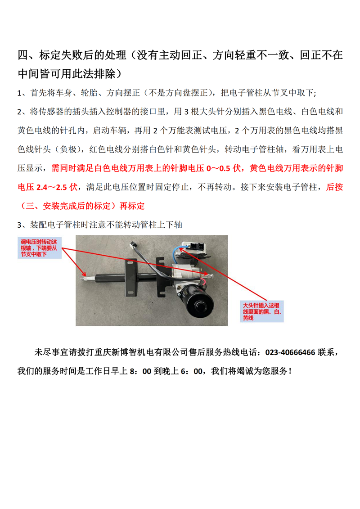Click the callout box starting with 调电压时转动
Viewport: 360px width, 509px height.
[x=39, y=248]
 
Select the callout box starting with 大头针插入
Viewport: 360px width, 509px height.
[x=262, y=311]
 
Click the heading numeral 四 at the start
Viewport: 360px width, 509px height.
[x=22, y=56]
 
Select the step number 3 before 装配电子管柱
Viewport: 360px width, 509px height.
[x=20, y=225]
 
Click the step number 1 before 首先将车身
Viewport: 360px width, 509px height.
[x=20, y=93]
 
